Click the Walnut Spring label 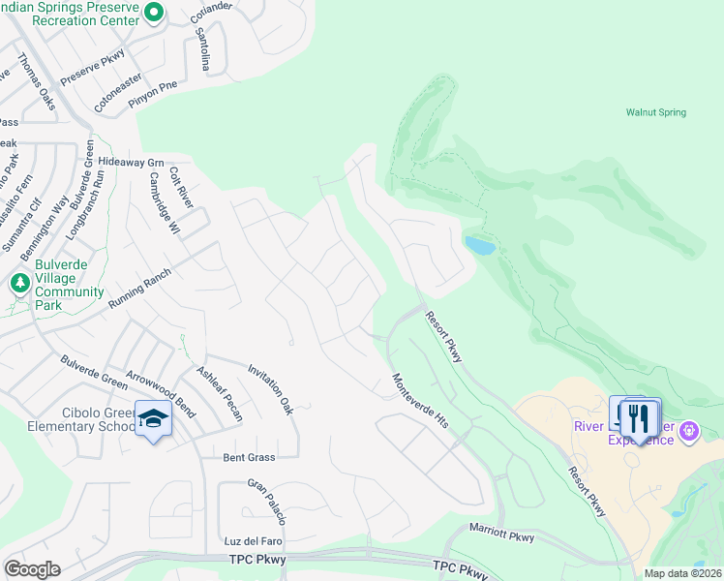(655, 112)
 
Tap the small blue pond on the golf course (480, 246)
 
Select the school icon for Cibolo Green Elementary (153, 418)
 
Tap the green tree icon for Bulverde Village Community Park (18, 284)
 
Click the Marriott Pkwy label (502, 534)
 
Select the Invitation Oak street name (270, 388)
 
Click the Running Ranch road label (139, 289)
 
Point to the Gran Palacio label (267, 501)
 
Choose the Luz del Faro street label (252, 539)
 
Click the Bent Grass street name (249, 457)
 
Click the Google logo (32, 569)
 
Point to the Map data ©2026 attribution (682, 573)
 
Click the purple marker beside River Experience (689, 430)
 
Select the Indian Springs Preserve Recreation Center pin (153, 12)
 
